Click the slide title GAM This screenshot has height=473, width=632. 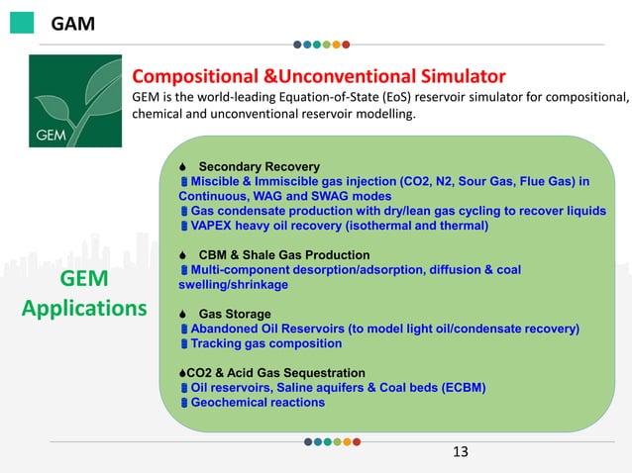pyautogui.click(x=72, y=23)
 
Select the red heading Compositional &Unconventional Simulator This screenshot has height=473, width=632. pyautogui.click(x=319, y=76)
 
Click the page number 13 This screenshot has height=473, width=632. pyautogui.click(x=459, y=452)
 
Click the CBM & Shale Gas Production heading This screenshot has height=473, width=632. pyautogui.click(x=283, y=254)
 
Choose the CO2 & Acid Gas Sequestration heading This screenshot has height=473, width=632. pyautogui.click(x=276, y=372)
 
